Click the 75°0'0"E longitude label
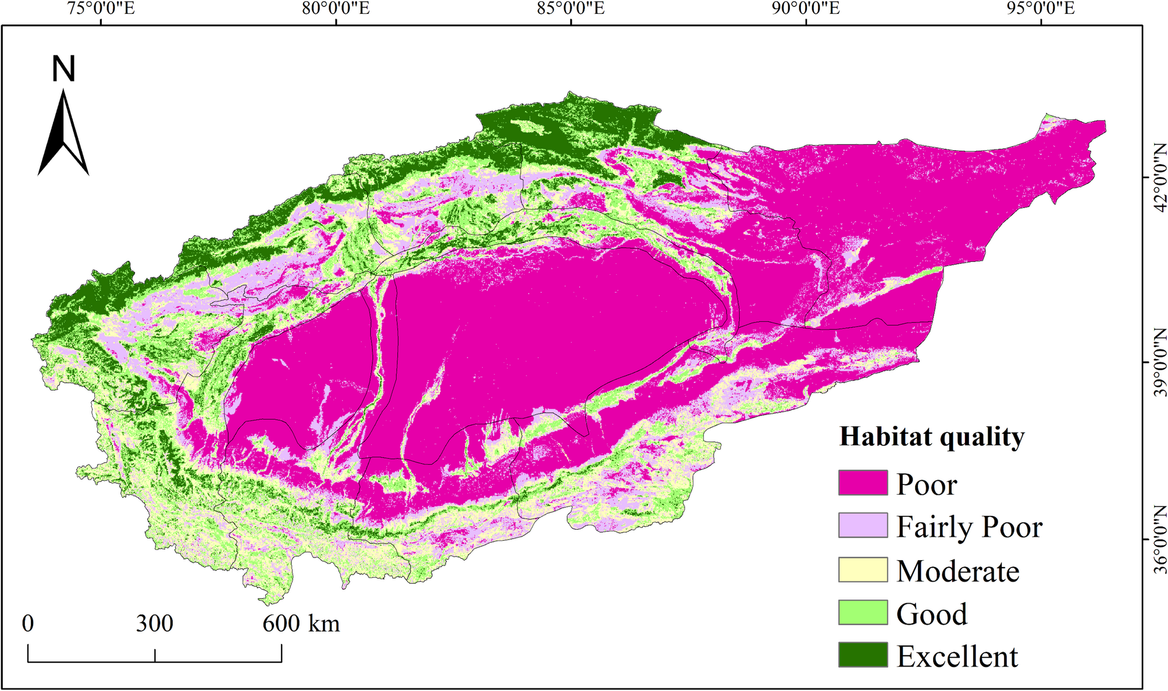101,9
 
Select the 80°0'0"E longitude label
336,9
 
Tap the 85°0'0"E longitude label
571,9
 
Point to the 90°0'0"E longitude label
806,9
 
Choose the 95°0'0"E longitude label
1041,9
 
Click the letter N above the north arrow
63,69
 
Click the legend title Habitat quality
932,437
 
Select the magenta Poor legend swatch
863,483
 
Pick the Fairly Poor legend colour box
863,525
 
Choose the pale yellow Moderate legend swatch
863,569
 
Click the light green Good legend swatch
863,612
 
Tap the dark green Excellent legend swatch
863,655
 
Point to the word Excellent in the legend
957,656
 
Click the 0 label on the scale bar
28,623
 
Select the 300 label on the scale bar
155,623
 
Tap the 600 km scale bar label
301,623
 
